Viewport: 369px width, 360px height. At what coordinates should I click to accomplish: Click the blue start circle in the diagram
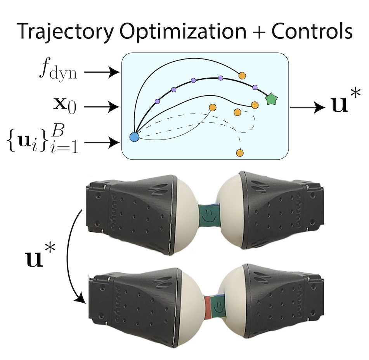134,137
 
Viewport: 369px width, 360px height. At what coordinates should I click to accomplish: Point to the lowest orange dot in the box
240,153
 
